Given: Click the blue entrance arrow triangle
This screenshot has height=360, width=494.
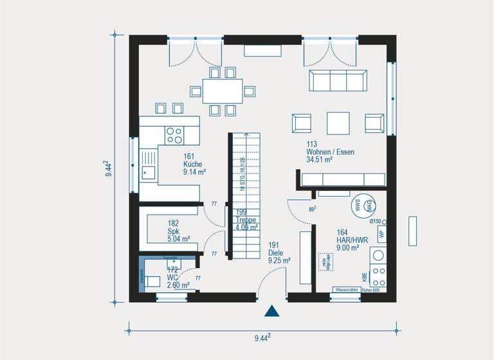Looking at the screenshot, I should point(273,311).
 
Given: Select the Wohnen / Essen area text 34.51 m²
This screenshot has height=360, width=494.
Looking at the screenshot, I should point(319,160).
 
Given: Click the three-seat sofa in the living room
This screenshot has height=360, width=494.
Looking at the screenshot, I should point(338,81).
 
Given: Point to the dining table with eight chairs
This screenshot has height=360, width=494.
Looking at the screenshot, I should point(223,91).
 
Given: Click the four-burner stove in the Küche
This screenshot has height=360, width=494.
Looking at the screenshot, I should point(174,134).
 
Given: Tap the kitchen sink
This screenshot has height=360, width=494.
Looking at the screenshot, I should point(149,171).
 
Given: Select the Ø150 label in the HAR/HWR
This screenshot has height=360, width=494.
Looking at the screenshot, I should point(376,221).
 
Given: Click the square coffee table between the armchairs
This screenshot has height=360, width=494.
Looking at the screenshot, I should point(338,122).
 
